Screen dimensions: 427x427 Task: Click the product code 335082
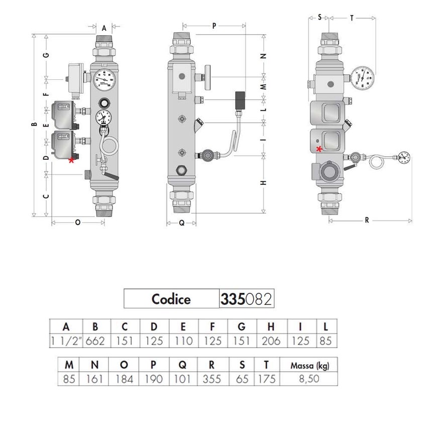click(246, 299)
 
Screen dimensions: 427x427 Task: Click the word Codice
click(171, 299)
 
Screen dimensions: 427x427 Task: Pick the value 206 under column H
click(271, 341)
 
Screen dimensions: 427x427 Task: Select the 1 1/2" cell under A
click(68, 341)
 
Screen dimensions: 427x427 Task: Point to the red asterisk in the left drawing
click(71, 160)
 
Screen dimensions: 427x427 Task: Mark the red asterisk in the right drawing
click(319, 148)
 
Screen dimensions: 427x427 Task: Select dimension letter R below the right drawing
click(367, 220)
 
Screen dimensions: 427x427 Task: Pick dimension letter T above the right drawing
click(352, 17)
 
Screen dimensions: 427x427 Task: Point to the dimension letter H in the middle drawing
click(263, 183)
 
